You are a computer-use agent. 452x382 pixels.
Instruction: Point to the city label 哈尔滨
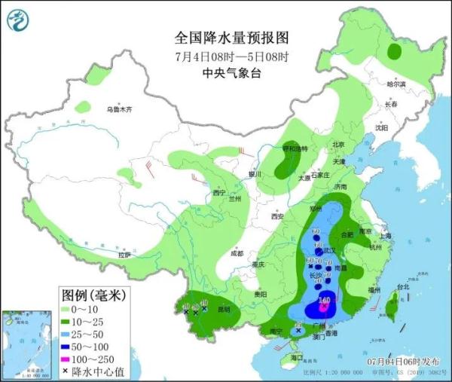[x=395, y=84]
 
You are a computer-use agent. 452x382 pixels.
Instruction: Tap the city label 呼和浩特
[x=295, y=148]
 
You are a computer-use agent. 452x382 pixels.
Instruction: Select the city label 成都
[x=237, y=253]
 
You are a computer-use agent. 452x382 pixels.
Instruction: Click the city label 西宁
[x=219, y=193]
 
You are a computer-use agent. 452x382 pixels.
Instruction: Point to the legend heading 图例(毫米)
[x=93, y=293]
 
